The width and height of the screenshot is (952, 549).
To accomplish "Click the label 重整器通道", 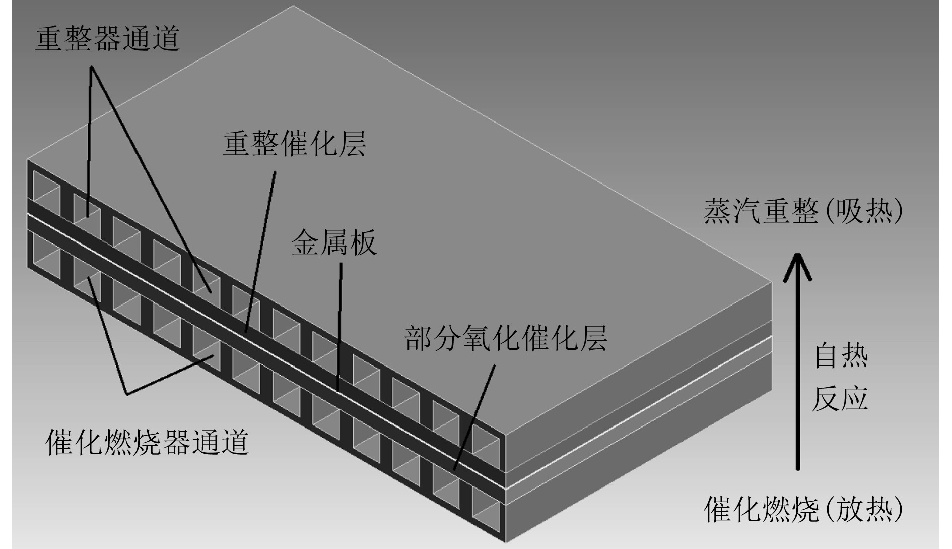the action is click(x=107, y=39).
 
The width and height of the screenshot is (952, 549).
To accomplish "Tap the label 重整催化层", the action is click(x=294, y=144).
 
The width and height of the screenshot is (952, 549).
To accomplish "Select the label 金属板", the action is click(x=334, y=243).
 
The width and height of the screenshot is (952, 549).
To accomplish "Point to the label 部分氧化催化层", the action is click(x=506, y=338).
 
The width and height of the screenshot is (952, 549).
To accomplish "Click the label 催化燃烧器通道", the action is click(x=148, y=442).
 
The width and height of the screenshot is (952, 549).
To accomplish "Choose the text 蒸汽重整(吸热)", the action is click(x=803, y=211).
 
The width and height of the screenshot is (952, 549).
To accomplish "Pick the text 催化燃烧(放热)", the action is click(x=803, y=510).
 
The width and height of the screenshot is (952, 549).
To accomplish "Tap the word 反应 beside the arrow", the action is click(x=840, y=399).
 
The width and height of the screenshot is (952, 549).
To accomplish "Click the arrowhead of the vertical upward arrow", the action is click(x=797, y=265).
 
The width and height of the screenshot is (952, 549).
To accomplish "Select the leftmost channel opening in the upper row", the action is click(x=46, y=188).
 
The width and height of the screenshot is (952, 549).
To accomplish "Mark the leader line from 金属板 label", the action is click(x=339, y=328).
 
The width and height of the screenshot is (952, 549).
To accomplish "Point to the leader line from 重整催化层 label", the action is click(x=260, y=252).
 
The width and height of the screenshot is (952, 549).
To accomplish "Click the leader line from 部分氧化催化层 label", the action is click(x=473, y=418).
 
